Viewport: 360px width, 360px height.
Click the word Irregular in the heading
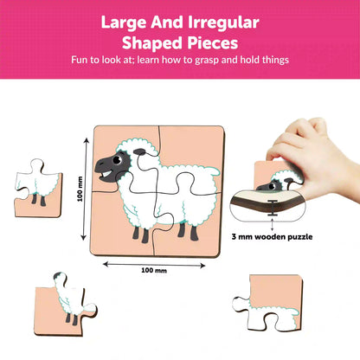pos(223,23)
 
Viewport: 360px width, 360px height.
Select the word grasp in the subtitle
pos(207,61)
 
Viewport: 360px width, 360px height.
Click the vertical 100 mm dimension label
pos(80,189)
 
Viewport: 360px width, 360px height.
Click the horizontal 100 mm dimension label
pos(154,270)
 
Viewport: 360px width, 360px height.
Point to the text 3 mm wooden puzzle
pos(272,237)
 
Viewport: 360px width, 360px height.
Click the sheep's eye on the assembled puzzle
pos(117,159)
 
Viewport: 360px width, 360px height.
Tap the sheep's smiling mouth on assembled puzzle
pos(106,175)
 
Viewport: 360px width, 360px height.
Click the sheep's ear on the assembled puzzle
pos(140,151)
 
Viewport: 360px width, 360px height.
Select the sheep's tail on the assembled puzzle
pos(213,172)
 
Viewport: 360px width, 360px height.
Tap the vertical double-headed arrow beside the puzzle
pos(85,189)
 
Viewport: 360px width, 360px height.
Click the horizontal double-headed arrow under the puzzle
pos(154,265)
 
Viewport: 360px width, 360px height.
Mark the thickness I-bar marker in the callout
pos(272,208)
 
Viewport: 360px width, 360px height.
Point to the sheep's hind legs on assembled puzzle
pos(188,231)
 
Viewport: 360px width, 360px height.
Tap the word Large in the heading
pos(124,23)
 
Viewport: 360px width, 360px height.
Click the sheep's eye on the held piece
pos(271,186)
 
